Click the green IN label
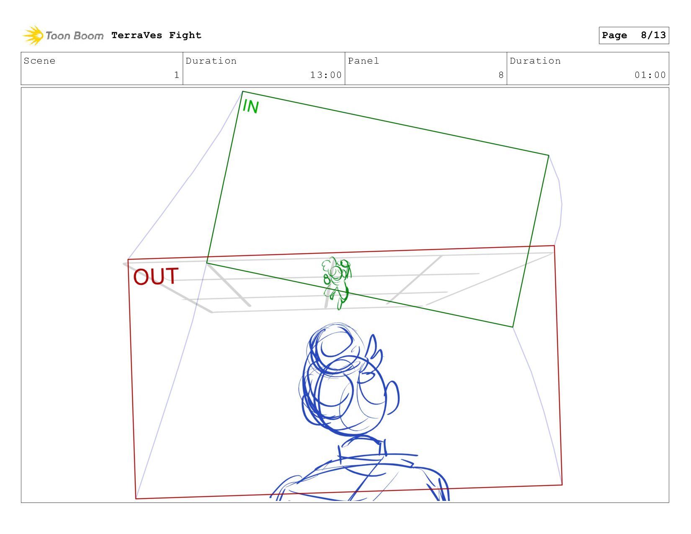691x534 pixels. tap(250, 106)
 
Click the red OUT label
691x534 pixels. tap(155, 276)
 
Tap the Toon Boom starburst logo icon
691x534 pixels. tap(33, 35)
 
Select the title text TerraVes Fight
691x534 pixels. tap(156, 35)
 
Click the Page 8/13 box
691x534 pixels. tap(634, 35)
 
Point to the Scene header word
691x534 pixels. tap(39, 61)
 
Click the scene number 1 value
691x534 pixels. tap(176, 75)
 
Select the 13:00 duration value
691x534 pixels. tap(326, 75)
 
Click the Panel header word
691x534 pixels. tap(363, 61)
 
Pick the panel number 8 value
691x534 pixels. tap(501, 75)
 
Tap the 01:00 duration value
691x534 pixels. tap(650, 75)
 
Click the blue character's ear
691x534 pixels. tap(392, 397)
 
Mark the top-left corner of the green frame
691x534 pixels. tap(242, 92)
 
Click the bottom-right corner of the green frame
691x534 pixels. tap(513, 327)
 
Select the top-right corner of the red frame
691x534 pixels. tap(554, 245)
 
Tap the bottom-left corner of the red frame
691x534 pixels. tap(136, 499)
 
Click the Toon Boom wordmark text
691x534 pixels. tap(75, 36)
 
